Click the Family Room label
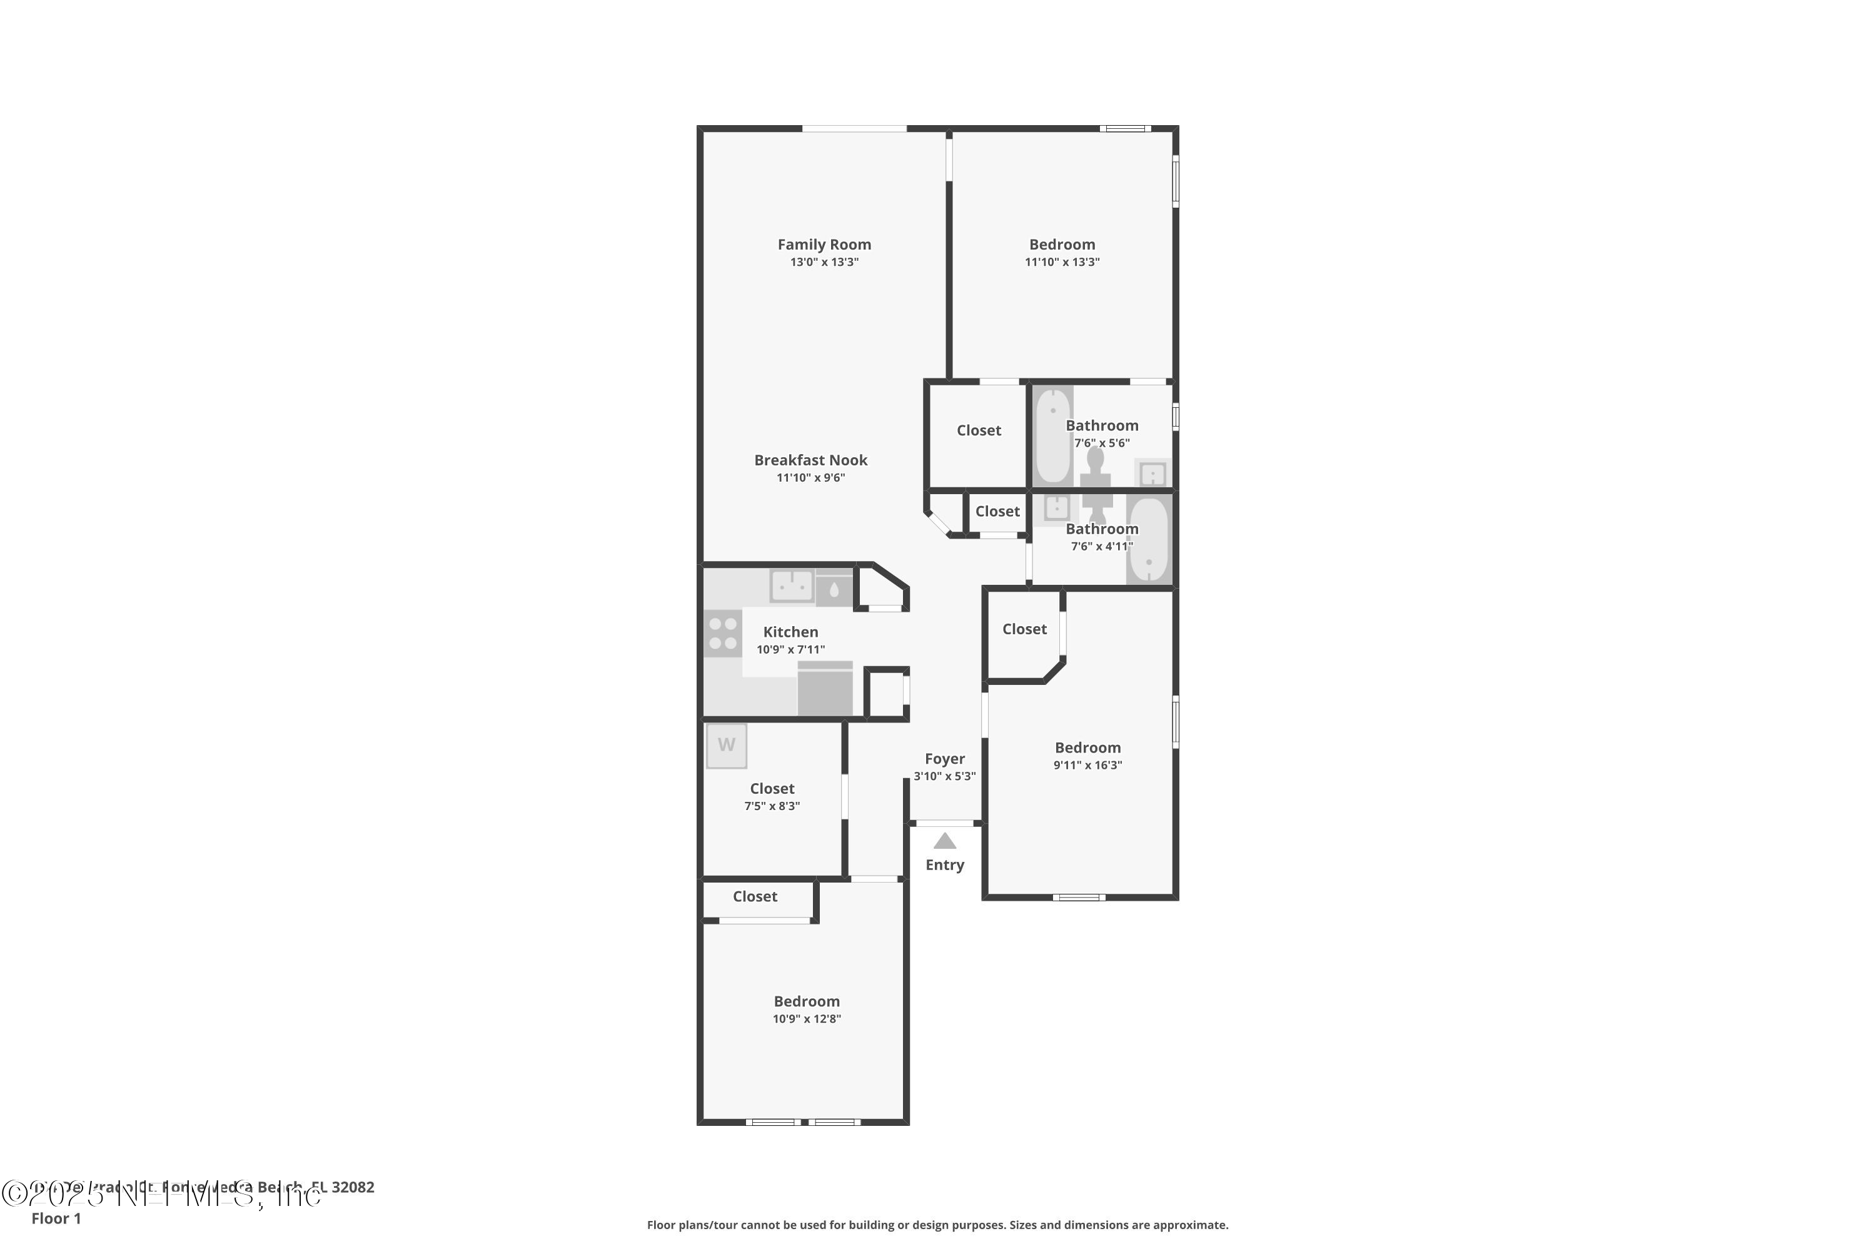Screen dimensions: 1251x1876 [x=824, y=244]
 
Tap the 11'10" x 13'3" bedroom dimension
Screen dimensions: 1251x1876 [x=1062, y=261]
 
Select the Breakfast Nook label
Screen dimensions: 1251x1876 [x=810, y=460]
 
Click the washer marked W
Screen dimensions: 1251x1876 [x=726, y=745]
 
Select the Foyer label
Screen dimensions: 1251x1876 [x=944, y=759]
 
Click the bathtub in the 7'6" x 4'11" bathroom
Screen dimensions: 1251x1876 [x=1149, y=540]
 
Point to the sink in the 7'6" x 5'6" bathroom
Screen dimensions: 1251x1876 [x=1152, y=474]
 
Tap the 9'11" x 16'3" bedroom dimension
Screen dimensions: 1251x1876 [x=1087, y=765]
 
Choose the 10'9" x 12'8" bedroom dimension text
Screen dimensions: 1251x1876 [x=807, y=1019]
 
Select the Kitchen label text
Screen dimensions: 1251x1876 [x=790, y=632]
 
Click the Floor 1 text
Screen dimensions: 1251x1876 [x=56, y=1218]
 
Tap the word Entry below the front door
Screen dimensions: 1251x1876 [x=944, y=865]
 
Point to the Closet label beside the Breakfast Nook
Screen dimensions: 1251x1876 [x=979, y=430]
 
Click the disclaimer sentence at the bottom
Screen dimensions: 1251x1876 [x=937, y=1225]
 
